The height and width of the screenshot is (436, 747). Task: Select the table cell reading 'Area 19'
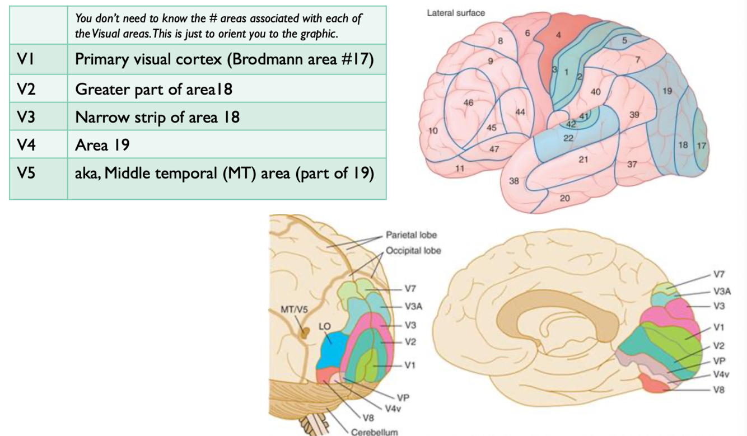[x=102, y=145]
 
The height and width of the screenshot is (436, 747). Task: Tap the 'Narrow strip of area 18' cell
[x=157, y=117]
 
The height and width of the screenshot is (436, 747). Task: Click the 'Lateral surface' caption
[x=456, y=12]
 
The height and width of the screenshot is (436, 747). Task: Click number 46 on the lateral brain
[x=469, y=102]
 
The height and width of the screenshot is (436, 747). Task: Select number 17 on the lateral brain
[x=701, y=146]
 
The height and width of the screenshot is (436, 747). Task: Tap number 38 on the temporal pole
[x=513, y=181]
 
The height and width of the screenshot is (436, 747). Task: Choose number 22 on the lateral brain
[x=568, y=138]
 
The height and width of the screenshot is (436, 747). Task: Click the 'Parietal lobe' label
[x=411, y=235]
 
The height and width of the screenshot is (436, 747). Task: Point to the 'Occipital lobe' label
[x=413, y=250]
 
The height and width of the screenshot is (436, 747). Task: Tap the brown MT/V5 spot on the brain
[x=305, y=334]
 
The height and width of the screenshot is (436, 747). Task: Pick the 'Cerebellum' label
[x=375, y=432]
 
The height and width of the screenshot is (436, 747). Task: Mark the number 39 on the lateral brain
[x=634, y=115]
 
